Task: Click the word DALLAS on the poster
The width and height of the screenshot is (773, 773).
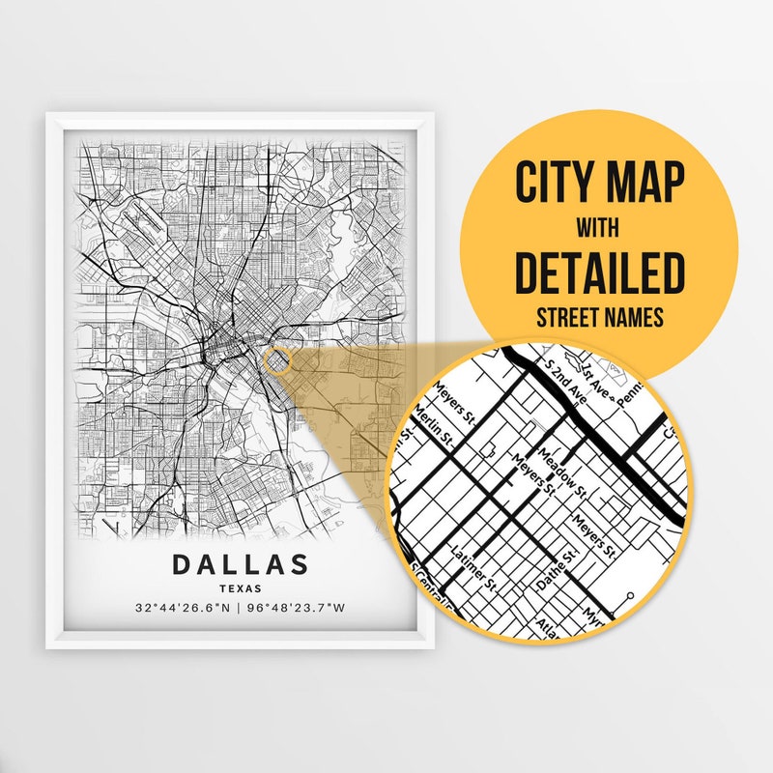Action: pos(241,564)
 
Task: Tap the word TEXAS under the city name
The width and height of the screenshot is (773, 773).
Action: pos(241,587)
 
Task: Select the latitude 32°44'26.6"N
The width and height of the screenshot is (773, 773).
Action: pos(183,609)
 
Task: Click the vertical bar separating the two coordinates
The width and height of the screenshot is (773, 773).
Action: pos(242,609)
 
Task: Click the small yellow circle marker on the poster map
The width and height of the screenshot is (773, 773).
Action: pos(276,361)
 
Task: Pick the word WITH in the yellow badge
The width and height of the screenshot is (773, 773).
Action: pos(599,230)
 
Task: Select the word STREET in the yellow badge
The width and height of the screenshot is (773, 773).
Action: pos(563,316)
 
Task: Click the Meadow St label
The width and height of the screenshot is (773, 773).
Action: pos(563,471)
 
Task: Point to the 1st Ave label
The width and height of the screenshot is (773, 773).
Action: pos(591,367)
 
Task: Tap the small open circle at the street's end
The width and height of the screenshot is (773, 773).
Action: pos(630,596)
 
